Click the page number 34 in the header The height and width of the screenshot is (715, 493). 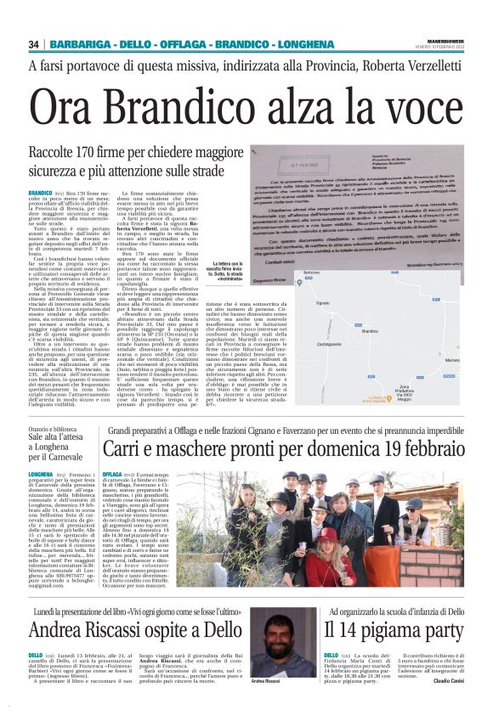tap(34, 44)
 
